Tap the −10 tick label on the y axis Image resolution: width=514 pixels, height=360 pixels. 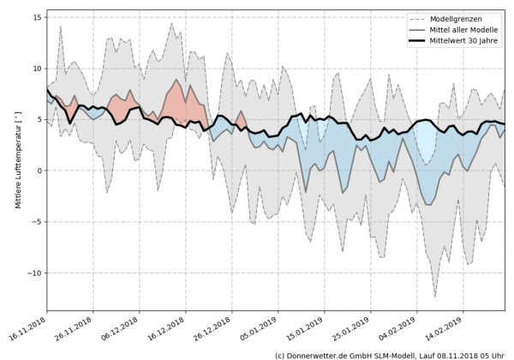pyautogui.click(x=34, y=273)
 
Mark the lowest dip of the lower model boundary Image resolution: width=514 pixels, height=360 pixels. pyautogui.click(x=435, y=297)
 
